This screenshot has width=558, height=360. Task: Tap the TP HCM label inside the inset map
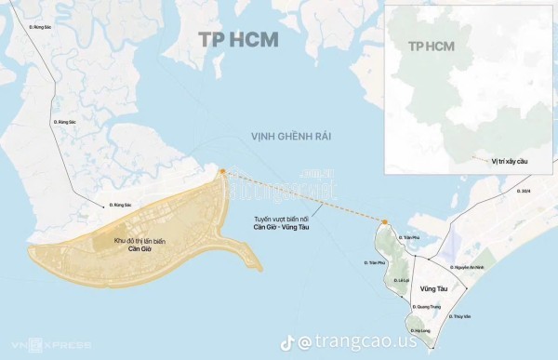431,46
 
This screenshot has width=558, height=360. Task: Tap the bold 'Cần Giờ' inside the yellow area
139,249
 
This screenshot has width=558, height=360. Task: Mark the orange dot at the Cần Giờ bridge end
222,171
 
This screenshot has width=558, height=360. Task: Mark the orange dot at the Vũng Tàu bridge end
383,221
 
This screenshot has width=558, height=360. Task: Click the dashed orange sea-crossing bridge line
302,196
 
